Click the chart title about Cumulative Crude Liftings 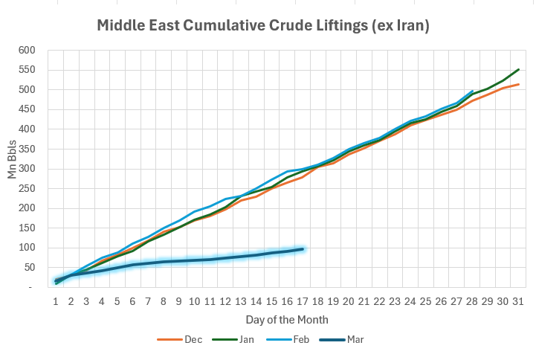pos(264,26)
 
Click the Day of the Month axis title pos(287,319)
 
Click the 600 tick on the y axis pos(27,51)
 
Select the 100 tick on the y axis pos(27,248)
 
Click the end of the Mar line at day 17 pos(303,249)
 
